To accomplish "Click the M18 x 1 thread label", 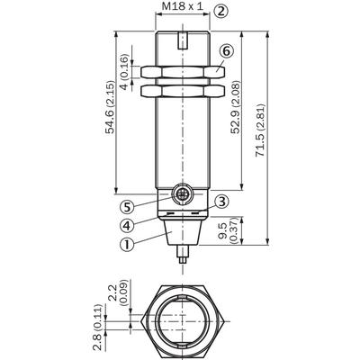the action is coord(183,6).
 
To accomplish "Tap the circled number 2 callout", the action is coord(220,11).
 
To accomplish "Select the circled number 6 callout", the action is coord(226,51).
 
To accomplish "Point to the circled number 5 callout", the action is coord(127,207).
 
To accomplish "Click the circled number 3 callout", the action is coord(221,202).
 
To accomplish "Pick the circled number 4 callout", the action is coord(127,225).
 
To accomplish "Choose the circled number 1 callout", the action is coord(127,245).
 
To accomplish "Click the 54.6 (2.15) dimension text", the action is coord(110,107).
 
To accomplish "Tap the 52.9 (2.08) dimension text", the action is coord(236,107).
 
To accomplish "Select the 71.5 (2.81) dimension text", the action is coord(260,130).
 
